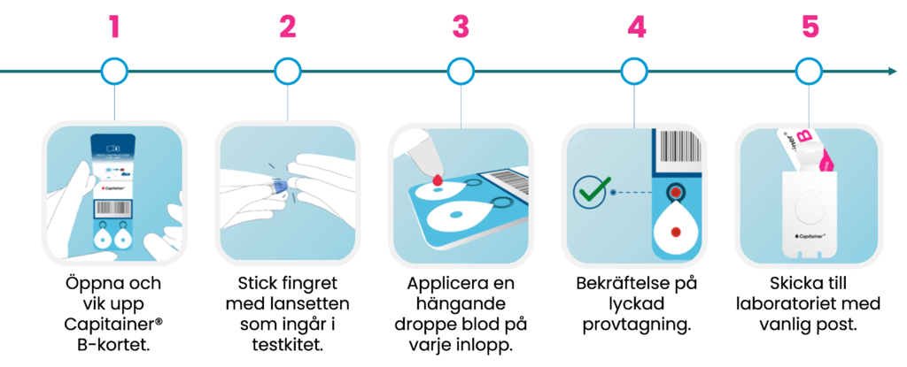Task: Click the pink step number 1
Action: click(113, 27)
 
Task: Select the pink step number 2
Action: click(287, 27)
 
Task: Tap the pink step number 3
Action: click(461, 27)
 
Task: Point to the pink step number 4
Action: click(636, 27)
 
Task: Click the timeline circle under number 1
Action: click(114, 71)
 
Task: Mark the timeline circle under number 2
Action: click(288, 71)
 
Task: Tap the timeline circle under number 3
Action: click(461, 71)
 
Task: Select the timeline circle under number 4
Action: click(634, 71)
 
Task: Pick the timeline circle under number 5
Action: click(808, 71)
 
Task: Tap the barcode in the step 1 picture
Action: click(114, 210)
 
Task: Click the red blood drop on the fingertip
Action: click(437, 180)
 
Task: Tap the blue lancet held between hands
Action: click(280, 188)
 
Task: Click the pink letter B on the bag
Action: click(804, 138)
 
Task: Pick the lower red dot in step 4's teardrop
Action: click(676, 233)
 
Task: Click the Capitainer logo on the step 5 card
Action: click(810, 238)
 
